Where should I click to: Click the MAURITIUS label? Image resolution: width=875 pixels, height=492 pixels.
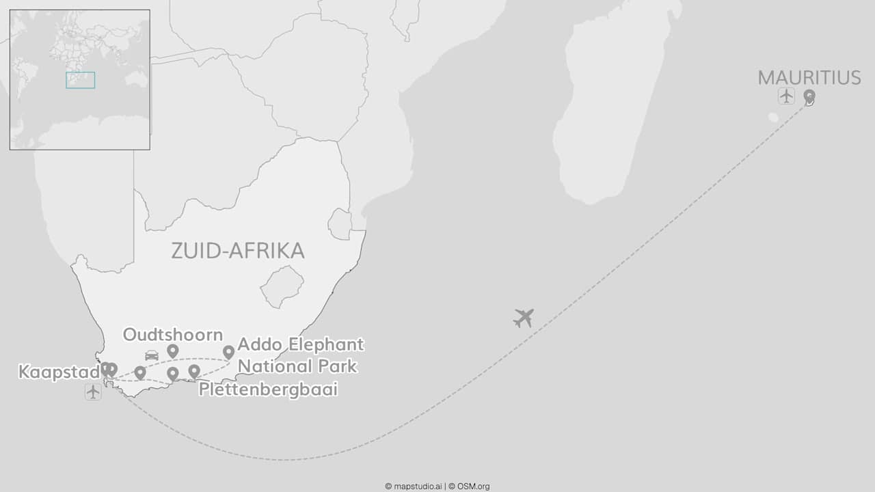(x=809, y=78)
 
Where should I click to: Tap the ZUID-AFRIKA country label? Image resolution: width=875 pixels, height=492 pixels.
(x=237, y=251)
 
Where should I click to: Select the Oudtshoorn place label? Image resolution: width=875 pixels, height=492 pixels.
(x=173, y=334)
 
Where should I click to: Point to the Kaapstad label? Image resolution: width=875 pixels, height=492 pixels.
(x=58, y=372)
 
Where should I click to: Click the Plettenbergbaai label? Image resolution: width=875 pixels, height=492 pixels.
(x=268, y=389)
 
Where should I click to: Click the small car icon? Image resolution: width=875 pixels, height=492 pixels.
(x=152, y=355)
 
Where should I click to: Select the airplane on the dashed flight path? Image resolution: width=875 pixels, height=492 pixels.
(x=524, y=318)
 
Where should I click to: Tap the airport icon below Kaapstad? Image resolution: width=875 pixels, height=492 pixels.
(x=93, y=392)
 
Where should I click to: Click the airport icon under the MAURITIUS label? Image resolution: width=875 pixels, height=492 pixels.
(x=786, y=96)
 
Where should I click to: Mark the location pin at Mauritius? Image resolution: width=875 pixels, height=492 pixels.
(x=809, y=96)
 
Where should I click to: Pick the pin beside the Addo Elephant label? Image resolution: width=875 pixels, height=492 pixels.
(x=228, y=352)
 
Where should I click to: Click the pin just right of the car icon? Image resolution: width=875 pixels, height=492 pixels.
(x=173, y=351)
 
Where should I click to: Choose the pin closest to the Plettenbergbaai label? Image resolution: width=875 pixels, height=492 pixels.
(x=194, y=371)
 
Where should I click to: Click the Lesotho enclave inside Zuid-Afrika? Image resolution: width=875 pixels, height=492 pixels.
(x=282, y=286)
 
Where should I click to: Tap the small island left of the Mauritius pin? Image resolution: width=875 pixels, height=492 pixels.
(x=773, y=118)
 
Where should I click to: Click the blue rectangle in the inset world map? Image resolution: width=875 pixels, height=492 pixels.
(x=81, y=80)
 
